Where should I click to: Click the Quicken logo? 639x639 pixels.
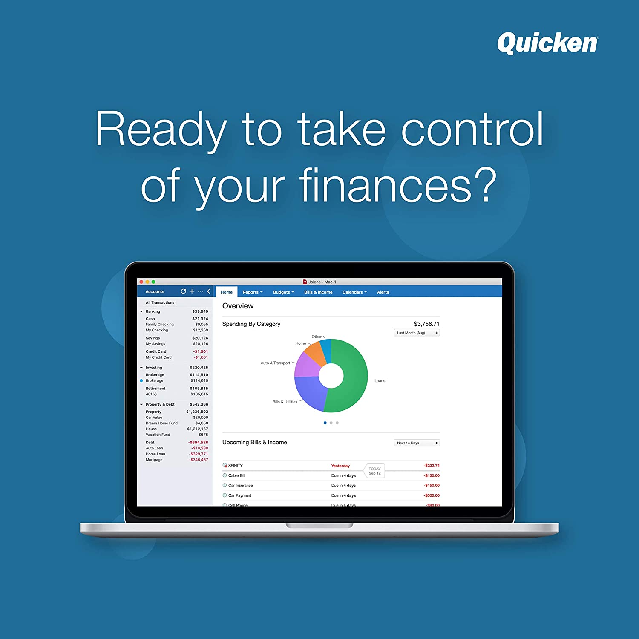pyautogui.click(x=547, y=43)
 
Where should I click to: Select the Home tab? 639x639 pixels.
pyautogui.click(x=227, y=292)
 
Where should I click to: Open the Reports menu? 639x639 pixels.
pyautogui.click(x=252, y=292)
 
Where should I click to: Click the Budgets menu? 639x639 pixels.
pyautogui.click(x=283, y=292)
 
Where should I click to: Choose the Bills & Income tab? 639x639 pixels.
pyautogui.click(x=318, y=292)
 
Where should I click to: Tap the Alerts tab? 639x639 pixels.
pyautogui.click(x=383, y=292)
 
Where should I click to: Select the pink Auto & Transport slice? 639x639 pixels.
pyautogui.click(x=307, y=366)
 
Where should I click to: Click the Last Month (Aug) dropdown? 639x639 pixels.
pyautogui.click(x=417, y=333)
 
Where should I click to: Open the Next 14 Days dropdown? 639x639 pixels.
pyautogui.click(x=417, y=443)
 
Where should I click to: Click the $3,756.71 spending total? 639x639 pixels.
pyautogui.click(x=426, y=324)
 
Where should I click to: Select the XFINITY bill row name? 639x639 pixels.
pyautogui.click(x=235, y=466)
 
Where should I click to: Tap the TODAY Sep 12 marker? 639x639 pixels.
pyautogui.click(x=375, y=471)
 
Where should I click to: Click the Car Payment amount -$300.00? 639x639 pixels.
pyautogui.click(x=432, y=495)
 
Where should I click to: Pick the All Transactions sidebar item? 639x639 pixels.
pyautogui.click(x=160, y=303)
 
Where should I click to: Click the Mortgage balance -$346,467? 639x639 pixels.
pyautogui.click(x=199, y=460)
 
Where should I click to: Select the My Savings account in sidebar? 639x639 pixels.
pyautogui.click(x=155, y=344)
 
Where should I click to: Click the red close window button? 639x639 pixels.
pyautogui.click(x=141, y=282)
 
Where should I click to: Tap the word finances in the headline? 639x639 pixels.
pyautogui.click(x=386, y=185)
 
